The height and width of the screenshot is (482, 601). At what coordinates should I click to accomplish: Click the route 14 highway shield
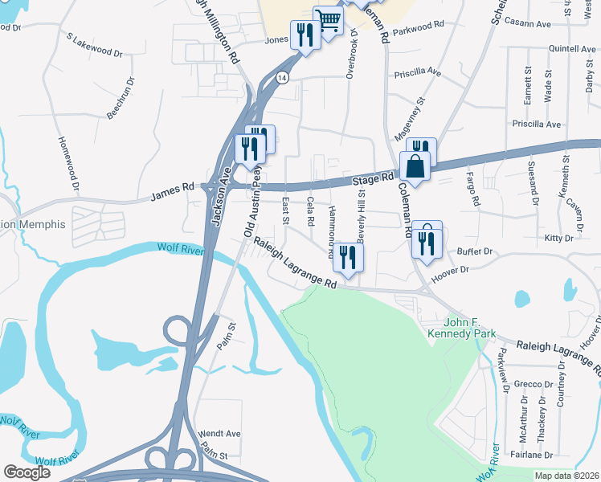click(x=281, y=77)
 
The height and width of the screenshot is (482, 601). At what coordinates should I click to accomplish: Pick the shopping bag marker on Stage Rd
click(x=415, y=168)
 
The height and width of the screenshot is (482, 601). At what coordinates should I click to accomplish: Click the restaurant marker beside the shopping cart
click(x=305, y=35)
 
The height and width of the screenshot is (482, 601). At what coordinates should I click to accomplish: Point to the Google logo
click(x=27, y=472)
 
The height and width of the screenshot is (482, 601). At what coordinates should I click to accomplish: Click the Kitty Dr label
click(x=558, y=239)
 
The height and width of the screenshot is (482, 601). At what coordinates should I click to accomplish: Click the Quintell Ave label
click(x=571, y=49)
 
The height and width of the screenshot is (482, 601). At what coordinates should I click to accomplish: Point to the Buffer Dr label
click(x=473, y=251)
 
